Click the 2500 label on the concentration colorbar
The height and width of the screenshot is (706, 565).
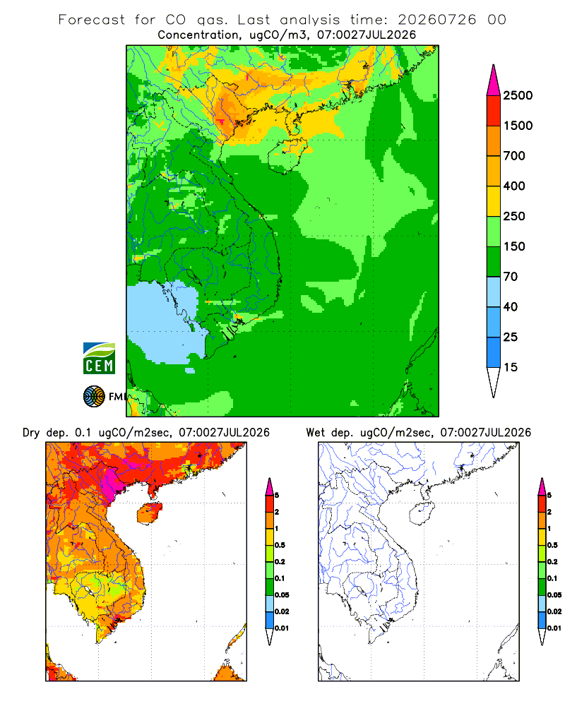click(518, 95)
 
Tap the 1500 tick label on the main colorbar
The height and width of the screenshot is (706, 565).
click(518, 126)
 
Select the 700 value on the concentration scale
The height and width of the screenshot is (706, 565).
click(514, 156)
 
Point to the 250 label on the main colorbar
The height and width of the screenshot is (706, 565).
click(514, 216)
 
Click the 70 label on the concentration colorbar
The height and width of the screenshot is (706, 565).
click(511, 277)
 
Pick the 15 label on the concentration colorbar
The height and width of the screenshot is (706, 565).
click(511, 367)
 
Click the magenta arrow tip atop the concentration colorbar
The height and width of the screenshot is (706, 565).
click(494, 80)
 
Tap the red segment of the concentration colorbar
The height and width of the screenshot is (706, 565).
click(494, 111)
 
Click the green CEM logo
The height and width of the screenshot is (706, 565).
click(99, 359)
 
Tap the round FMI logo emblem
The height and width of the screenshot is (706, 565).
click(94, 397)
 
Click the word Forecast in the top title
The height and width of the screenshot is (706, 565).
click(92, 20)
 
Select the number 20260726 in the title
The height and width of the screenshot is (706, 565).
click(436, 20)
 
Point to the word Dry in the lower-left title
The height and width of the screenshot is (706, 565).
click(31, 433)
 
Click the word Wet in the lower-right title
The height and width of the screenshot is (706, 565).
click(315, 433)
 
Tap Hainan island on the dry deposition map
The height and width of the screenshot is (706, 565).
click(149, 513)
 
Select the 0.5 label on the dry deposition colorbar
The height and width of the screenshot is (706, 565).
click(280, 545)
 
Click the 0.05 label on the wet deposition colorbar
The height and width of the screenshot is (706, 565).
click(554, 594)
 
